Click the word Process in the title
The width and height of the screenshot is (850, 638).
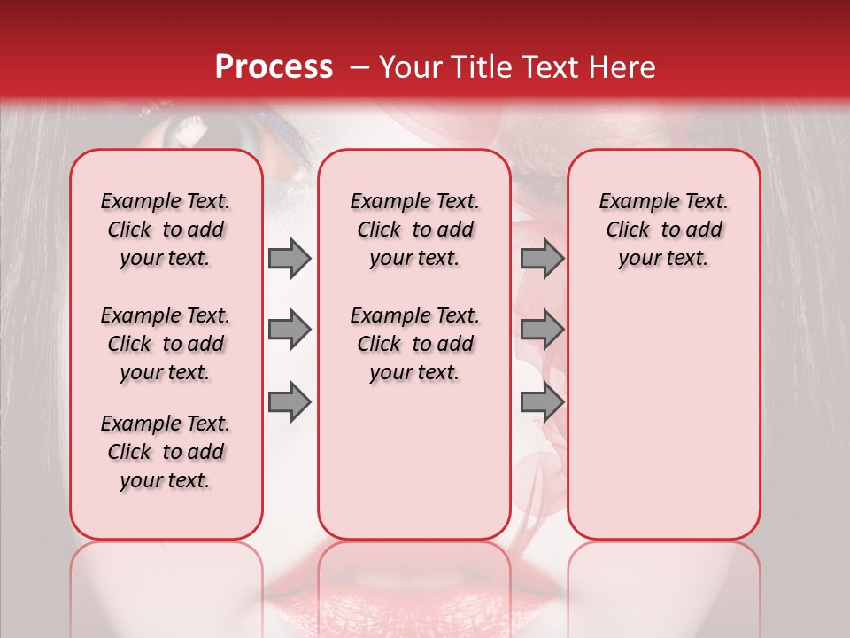pyautogui.click(x=274, y=66)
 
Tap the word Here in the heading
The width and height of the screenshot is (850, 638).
pyautogui.click(x=619, y=67)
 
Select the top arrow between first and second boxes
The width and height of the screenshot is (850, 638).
pyautogui.click(x=290, y=259)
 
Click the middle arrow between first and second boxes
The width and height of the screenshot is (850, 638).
pyautogui.click(x=290, y=331)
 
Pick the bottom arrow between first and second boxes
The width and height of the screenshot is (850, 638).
pyautogui.click(x=290, y=401)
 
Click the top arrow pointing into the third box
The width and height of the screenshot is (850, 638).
pyautogui.click(x=542, y=259)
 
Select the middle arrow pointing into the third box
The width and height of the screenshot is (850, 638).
pyautogui.click(x=542, y=331)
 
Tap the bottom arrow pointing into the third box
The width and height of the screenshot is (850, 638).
pyautogui.click(x=542, y=401)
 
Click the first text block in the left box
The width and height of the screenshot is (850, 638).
pyautogui.click(x=166, y=230)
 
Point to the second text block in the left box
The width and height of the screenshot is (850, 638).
pyautogui.click(x=166, y=344)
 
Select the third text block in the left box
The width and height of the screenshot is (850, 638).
pyautogui.click(x=166, y=452)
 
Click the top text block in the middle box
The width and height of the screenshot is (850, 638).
pyautogui.click(x=414, y=230)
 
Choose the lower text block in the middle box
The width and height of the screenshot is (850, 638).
pyautogui.click(x=414, y=344)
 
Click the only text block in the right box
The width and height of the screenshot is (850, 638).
pyautogui.click(x=663, y=230)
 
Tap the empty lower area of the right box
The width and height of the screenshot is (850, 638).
pyautogui.click(x=663, y=416)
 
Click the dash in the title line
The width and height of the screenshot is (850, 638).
pyautogui.click(x=359, y=67)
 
